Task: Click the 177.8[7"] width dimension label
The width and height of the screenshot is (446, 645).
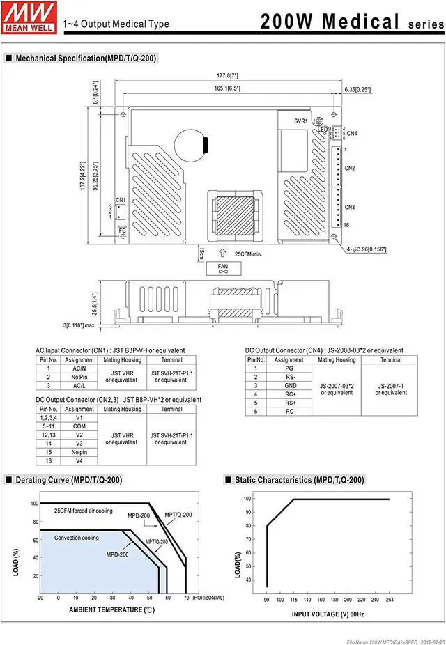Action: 227,75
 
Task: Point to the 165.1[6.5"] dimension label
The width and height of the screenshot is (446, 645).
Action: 227,88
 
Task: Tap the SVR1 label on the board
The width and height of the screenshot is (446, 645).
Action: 301,121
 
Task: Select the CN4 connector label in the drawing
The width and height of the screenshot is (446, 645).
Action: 352,133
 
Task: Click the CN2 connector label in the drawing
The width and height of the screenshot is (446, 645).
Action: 350,169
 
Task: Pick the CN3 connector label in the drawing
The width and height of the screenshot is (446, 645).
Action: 350,207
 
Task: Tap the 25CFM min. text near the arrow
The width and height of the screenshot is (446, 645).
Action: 248,254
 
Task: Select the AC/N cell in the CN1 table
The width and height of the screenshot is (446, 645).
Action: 79,368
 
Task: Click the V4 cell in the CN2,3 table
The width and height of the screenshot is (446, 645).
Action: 79,460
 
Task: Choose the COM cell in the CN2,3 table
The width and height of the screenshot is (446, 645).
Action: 79,426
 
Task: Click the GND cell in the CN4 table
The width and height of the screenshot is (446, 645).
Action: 289,385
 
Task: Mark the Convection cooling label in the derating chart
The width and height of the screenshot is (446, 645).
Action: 77,538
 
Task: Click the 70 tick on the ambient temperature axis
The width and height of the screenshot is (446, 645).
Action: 186,598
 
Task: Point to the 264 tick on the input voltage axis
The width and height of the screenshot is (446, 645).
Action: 389,599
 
